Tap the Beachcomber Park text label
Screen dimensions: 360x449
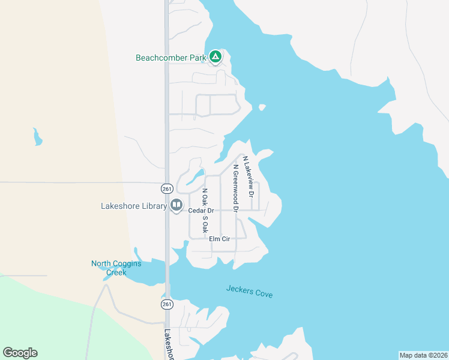coord(171,58)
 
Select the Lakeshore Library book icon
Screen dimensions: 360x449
coord(176,206)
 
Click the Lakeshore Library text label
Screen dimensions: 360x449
coord(133,206)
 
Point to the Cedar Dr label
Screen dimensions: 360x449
coord(201,211)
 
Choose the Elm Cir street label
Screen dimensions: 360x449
coord(220,239)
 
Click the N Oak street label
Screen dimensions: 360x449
coord(205,199)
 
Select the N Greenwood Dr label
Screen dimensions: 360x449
coord(236,188)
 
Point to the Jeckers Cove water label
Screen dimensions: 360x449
coord(249,292)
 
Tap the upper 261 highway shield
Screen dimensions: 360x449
coord(167,188)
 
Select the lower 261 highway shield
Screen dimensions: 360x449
coord(167,304)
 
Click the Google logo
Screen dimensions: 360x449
coord(20,353)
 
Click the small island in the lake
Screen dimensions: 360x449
coord(262,107)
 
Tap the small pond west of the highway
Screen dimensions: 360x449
coord(38,137)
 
